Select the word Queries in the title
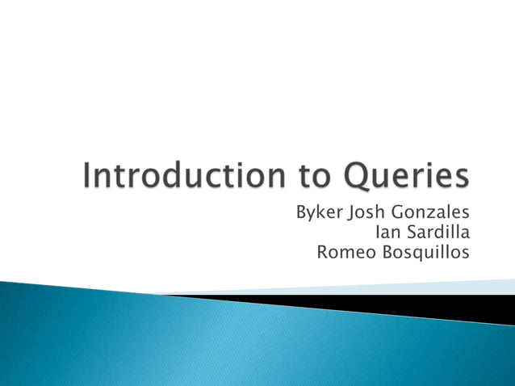(x=407, y=176)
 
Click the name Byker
(x=319, y=213)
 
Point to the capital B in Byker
(x=301, y=213)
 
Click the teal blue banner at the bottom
(x=202, y=339)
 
